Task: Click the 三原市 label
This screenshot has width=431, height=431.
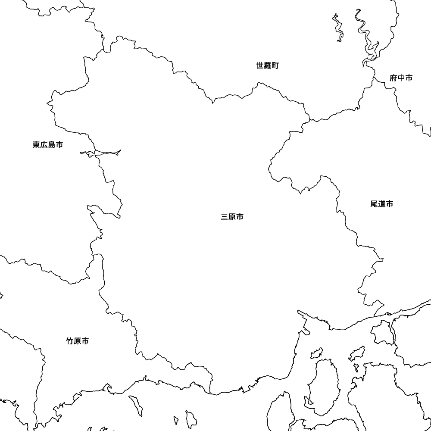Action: (232, 217)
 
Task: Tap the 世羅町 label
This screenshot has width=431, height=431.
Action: (268, 66)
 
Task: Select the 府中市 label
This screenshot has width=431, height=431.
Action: (401, 78)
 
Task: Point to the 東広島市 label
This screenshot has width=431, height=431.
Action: (47, 144)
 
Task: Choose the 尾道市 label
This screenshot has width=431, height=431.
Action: (381, 204)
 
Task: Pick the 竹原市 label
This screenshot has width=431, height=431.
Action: (78, 341)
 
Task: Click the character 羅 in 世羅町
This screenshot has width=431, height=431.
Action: (268, 66)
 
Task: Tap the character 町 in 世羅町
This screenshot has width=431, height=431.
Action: (275, 66)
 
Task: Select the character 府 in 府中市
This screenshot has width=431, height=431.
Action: (393, 78)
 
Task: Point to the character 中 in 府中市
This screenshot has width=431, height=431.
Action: (401, 78)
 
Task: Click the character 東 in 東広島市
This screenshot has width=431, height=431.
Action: (36, 144)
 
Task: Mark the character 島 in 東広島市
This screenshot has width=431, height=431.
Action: (51, 144)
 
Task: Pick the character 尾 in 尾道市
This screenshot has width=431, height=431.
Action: (374, 204)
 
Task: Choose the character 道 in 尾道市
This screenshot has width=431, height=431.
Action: (381, 204)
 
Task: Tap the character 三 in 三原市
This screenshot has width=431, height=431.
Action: (224, 217)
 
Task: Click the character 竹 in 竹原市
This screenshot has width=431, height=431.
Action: (70, 341)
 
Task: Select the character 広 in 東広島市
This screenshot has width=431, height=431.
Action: (44, 144)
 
